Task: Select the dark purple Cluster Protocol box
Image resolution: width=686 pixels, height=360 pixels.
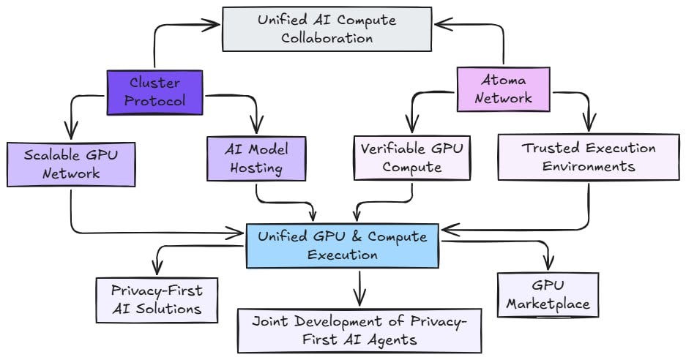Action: pos(154,91)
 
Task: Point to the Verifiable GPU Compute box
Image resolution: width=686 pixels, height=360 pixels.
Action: pos(411,157)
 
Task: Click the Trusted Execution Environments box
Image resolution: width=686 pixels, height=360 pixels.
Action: pos(588,157)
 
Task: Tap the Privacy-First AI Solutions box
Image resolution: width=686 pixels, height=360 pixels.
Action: pos(157,299)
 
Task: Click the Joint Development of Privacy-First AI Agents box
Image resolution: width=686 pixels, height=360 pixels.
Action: pos(359,330)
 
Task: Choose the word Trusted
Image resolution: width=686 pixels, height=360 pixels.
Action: pos(548,148)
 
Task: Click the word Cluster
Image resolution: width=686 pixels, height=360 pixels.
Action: pos(154,82)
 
